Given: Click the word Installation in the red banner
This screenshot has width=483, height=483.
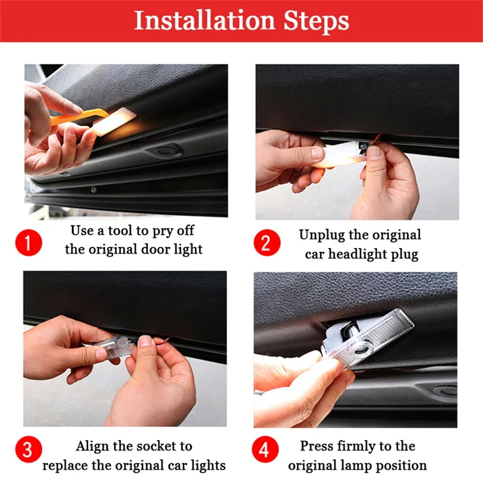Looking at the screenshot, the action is point(204,20).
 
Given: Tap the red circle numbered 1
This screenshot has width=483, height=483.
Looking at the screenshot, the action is point(28,242).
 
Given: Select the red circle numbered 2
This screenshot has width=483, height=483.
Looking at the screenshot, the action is point(267,242).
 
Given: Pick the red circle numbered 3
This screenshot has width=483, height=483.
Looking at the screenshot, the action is point(28,449).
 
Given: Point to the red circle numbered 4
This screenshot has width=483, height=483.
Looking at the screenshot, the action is point(265,449).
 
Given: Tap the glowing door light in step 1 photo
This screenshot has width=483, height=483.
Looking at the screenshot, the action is point(114,121).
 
